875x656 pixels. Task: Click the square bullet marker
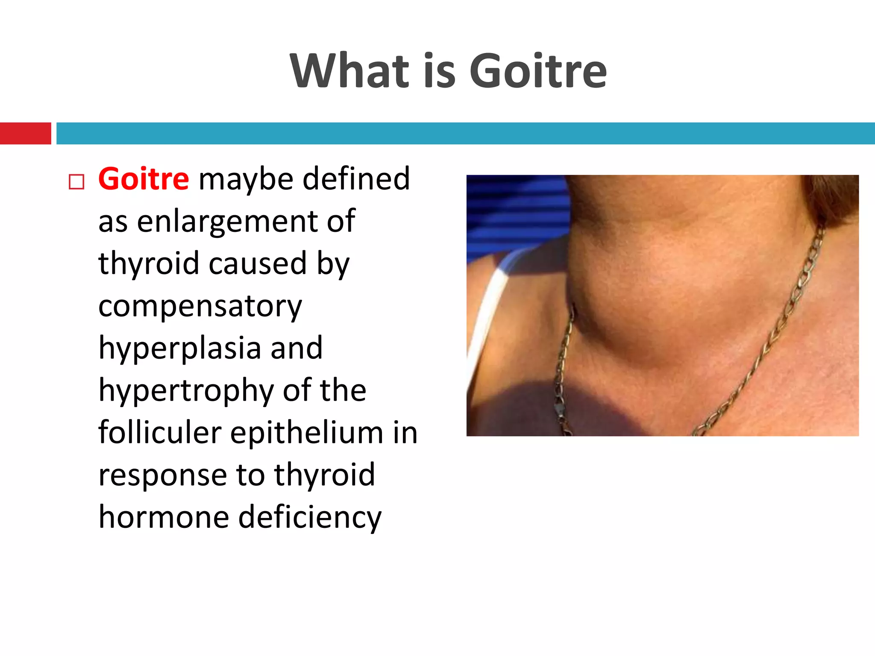(76, 182)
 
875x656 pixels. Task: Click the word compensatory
(200, 307)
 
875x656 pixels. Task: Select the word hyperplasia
(179, 348)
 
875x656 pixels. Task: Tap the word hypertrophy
(185, 391)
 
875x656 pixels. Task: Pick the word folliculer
(159, 433)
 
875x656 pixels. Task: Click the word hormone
(164, 517)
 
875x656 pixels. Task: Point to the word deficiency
(309, 517)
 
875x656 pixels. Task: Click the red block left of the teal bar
(25, 133)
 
